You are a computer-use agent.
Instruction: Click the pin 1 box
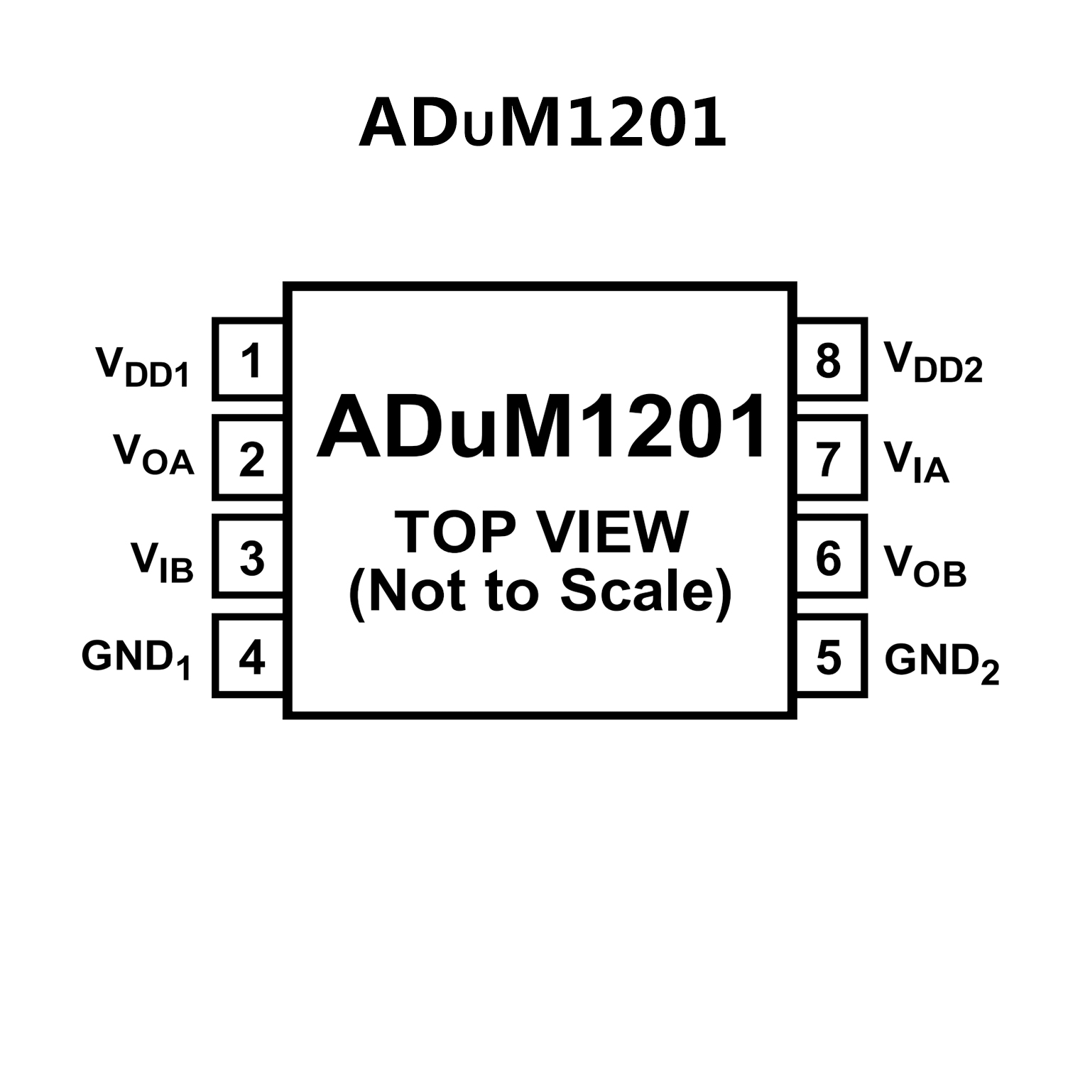pyautogui.click(x=250, y=359)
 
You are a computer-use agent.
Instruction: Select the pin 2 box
pyautogui.click(x=250, y=458)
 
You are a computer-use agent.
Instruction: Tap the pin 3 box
pyautogui.click(x=250, y=557)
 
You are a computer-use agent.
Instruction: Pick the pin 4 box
pyautogui.click(x=250, y=656)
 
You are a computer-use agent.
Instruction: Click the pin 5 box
pyautogui.click(x=830, y=656)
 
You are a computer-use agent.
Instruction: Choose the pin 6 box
pyautogui.click(x=830, y=557)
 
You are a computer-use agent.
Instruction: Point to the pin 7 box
pyautogui.click(x=830, y=458)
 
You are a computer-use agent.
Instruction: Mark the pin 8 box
pyautogui.click(x=830, y=359)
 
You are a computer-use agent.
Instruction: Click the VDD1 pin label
pyautogui.click(x=143, y=366)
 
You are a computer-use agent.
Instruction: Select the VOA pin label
pyautogui.click(x=153, y=454)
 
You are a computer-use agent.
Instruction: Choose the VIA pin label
pyautogui.click(x=916, y=462)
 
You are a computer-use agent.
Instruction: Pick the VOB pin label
pyautogui.click(x=925, y=565)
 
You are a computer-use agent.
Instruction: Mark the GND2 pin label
pyautogui.click(x=942, y=663)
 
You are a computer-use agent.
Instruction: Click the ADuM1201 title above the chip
pyautogui.click(x=543, y=124)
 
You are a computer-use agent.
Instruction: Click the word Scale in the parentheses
pyautogui.click(x=636, y=591)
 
